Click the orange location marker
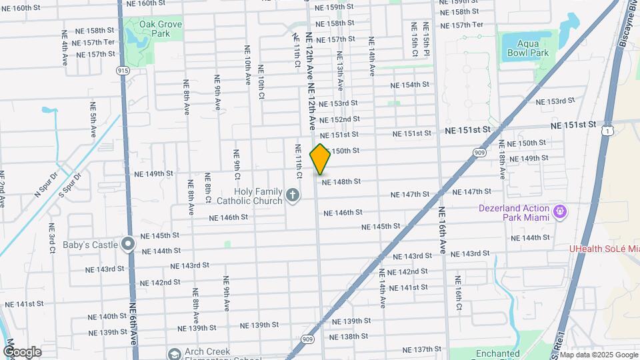tap(320, 159)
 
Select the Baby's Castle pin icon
tap(129, 245)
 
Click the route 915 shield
tap(123, 70)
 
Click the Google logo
tap(22, 351)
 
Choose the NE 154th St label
tap(410, 85)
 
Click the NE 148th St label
tap(341, 181)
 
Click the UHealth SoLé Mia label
tap(604, 249)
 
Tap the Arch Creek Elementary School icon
tap(174, 354)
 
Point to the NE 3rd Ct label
tap(52, 239)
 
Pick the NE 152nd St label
tap(340, 119)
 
